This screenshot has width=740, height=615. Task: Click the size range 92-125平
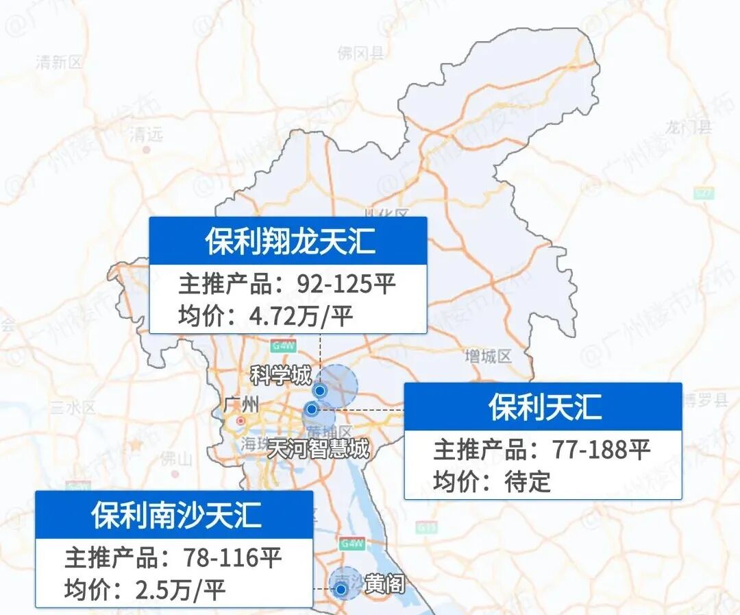click(x=346, y=283)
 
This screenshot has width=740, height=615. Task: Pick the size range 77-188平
click(x=600, y=450)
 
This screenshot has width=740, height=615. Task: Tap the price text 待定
click(x=528, y=481)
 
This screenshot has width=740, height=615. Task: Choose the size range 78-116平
click(x=232, y=557)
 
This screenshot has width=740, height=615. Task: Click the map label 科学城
click(x=281, y=375)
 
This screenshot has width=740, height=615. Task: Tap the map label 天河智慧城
click(x=318, y=449)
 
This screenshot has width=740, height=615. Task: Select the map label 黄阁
click(x=384, y=585)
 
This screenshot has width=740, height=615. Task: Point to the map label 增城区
click(x=488, y=357)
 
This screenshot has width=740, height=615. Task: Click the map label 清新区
click(x=59, y=62)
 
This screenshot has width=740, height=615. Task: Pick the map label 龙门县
click(x=689, y=127)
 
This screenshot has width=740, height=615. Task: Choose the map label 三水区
click(x=73, y=408)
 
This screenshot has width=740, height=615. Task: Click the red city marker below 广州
click(x=241, y=420)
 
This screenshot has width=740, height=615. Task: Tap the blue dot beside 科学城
click(x=319, y=390)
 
